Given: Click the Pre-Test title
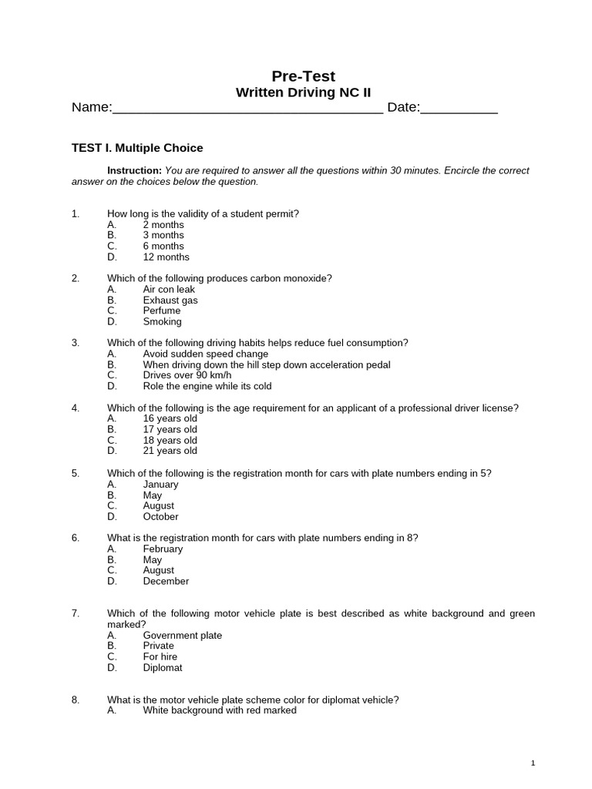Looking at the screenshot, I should pos(303,76).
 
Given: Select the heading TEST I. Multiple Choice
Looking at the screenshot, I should pos(137,148).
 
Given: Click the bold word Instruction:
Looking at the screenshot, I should pos(134,170).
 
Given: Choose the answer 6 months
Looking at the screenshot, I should pos(163,246).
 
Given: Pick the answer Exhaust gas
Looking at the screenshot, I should pos(170,300).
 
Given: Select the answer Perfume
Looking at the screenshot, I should pos(162,311).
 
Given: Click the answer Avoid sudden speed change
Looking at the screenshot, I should pos(206,354).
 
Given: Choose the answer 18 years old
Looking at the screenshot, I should pos(170,440).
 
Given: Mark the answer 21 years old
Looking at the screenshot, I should pos(170,451).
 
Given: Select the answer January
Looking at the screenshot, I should pos(160,484).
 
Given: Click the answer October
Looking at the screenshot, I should pos(160,516).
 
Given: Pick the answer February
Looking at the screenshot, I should pos(163,549).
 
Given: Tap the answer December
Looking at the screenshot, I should pos(166,581).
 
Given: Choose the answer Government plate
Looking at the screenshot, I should pos(182,635).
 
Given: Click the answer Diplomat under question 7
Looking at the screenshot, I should pos(163,667).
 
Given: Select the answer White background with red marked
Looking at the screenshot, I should pos(220,710).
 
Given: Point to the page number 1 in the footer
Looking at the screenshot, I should pos(533,763).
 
